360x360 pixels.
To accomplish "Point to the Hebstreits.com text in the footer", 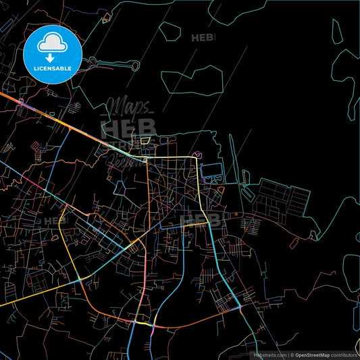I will click(269, 354).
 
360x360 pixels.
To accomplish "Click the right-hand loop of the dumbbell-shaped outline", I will click(134, 66).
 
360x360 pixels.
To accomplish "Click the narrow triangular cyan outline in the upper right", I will click(336, 37).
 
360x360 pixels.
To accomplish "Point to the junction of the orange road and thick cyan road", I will click(240, 307).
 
